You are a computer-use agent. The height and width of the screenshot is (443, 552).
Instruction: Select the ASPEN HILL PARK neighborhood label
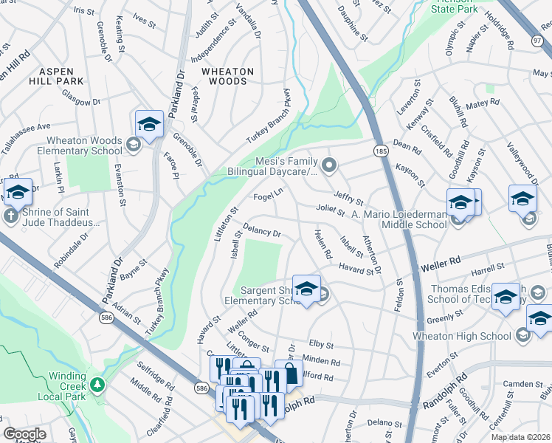[x=61, y=76]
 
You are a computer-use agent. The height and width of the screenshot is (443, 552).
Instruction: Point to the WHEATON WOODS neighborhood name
[x=228, y=76]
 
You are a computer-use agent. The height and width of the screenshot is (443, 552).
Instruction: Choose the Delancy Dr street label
[x=262, y=232]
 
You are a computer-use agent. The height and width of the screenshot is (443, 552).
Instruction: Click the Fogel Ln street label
[x=268, y=196]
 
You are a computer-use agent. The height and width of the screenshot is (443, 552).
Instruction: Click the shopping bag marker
[x=289, y=374]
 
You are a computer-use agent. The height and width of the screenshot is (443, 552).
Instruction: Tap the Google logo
[x=25, y=434]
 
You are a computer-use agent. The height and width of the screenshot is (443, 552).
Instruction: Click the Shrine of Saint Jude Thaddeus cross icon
[x=11, y=216]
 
